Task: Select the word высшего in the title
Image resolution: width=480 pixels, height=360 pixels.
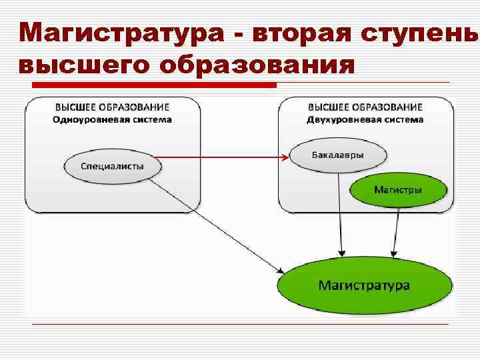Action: click(x=73, y=65)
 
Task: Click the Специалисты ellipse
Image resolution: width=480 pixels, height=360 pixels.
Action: click(x=112, y=166)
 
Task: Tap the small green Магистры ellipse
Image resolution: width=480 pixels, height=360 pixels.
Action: click(x=397, y=190)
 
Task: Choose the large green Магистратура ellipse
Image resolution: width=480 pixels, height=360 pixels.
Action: click(x=365, y=285)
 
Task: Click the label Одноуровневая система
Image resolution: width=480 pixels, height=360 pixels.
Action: click(x=112, y=120)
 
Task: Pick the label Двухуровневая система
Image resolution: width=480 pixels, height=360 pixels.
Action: click(x=365, y=120)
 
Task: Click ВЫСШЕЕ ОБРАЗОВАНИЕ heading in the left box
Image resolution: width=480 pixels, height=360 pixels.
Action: click(x=112, y=107)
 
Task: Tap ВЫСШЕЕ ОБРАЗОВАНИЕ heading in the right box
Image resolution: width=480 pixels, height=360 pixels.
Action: click(x=365, y=107)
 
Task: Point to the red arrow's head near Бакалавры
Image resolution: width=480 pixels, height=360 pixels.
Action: click(x=285, y=157)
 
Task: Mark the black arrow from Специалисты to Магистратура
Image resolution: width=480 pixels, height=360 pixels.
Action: click(x=220, y=227)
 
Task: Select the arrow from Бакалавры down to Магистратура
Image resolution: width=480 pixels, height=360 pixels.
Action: click(x=340, y=213)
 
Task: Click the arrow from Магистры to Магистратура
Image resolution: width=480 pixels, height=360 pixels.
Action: click(x=396, y=230)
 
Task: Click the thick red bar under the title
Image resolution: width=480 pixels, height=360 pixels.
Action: click(x=155, y=85)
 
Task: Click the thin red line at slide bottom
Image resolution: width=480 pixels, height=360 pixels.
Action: click(x=240, y=324)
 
